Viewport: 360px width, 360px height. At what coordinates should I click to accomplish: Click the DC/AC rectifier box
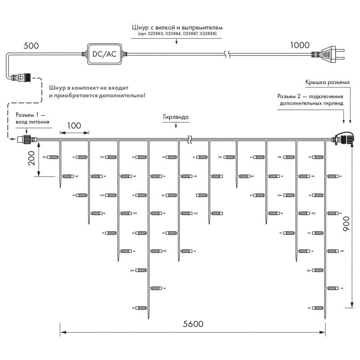click(x=104, y=54)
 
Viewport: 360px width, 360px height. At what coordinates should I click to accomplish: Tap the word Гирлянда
click(x=175, y=117)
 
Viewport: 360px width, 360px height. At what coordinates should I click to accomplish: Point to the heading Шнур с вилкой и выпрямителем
click(x=177, y=27)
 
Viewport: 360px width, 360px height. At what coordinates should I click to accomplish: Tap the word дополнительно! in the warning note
click(x=126, y=95)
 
